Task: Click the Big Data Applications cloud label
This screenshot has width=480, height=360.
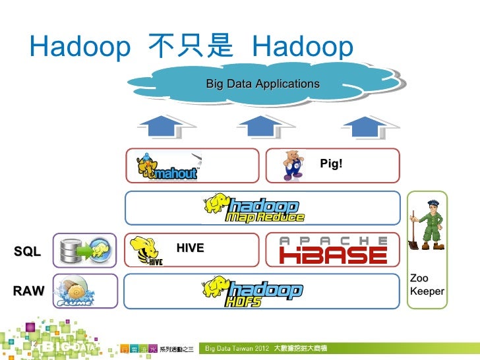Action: pos(262,84)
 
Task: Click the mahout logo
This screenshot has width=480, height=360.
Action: pos(167,166)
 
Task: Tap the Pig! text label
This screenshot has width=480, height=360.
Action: pos(331,163)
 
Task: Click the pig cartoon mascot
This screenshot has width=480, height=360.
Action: pos(292,165)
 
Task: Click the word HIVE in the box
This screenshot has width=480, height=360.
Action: pos(191,248)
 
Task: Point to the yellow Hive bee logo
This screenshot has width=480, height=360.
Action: pos(147,251)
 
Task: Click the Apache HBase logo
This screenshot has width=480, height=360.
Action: pos(333,250)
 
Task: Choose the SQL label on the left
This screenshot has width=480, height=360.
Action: pos(27,252)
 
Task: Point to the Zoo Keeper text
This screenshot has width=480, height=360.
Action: pos(427,285)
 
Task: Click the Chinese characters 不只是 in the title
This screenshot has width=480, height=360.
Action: pos(191,47)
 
